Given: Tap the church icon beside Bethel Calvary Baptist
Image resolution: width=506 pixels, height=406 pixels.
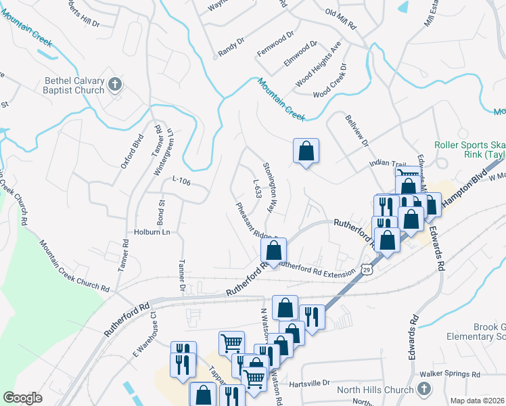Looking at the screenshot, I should tap(115, 85).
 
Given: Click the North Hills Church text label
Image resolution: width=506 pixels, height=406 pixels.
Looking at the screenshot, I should tap(376, 390).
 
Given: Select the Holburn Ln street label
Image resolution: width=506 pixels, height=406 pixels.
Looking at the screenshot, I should tap(151, 232).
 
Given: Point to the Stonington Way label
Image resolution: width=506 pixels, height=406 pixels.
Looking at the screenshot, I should tap(270, 187).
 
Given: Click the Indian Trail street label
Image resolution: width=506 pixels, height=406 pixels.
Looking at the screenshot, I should tap(386, 164).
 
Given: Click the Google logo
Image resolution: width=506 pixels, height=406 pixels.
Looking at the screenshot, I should tap(22, 397).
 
